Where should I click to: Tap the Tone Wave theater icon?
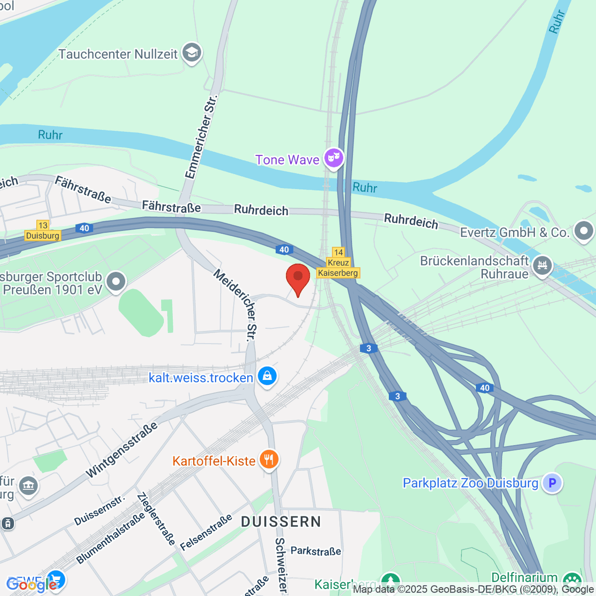pyautogui.click(x=334, y=158)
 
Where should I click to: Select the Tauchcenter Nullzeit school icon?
pyautogui.click(x=192, y=53)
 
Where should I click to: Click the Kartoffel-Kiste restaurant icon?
pyautogui.click(x=269, y=459)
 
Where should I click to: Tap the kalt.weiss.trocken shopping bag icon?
pyautogui.click(x=267, y=376)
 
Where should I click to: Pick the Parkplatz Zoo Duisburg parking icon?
pyautogui.click(x=552, y=482)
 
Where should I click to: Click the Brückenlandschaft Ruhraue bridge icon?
pyautogui.click(x=542, y=265)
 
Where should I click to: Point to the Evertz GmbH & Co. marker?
pyautogui.click(x=584, y=231)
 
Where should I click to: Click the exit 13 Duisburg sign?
pyautogui.click(x=43, y=231)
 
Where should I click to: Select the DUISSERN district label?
pyautogui.click(x=281, y=521)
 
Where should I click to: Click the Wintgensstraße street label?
pyautogui.click(x=122, y=450)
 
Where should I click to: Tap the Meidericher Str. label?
pyautogui.click(x=236, y=304)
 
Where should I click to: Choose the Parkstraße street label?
pyautogui.click(x=316, y=551)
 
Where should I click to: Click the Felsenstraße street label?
pyautogui.click(x=206, y=532)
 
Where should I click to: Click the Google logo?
pyautogui.click(x=31, y=585)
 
